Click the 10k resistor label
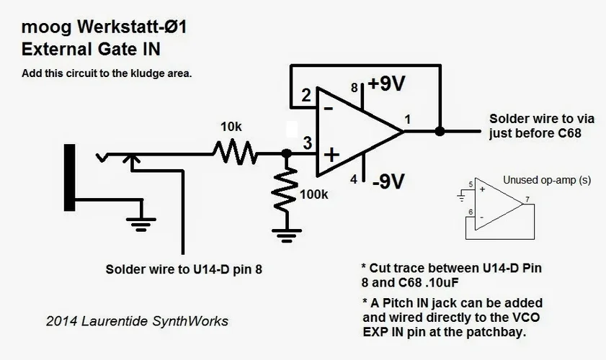click(231, 127)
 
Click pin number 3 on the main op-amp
click(307, 143)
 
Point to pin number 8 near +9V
click(354, 88)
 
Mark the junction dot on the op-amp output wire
click(440, 131)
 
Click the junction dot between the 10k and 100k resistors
click(286, 153)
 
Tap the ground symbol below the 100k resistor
click(286, 233)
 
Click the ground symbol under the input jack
click(141, 222)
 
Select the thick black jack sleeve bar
click(70, 177)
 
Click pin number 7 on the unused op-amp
click(527, 199)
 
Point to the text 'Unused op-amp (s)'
click(546, 180)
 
